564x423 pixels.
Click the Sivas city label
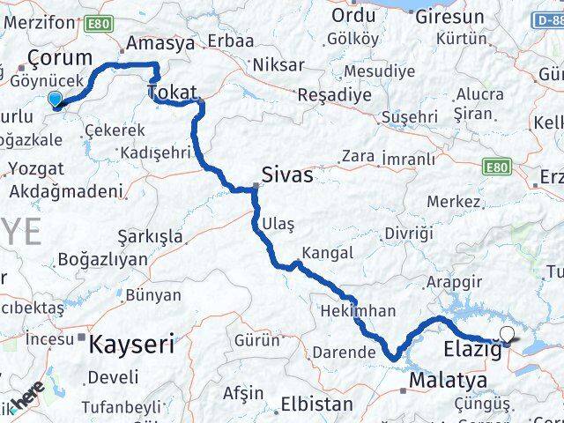(287, 174)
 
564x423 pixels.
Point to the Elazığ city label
(471, 349)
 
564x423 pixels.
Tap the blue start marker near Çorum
(56, 100)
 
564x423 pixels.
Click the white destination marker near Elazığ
(507, 334)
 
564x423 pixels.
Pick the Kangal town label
(326, 253)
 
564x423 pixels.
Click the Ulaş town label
(278, 224)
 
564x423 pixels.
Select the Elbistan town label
(316, 405)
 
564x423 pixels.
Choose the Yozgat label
(34, 167)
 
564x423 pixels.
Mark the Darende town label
(341, 353)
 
